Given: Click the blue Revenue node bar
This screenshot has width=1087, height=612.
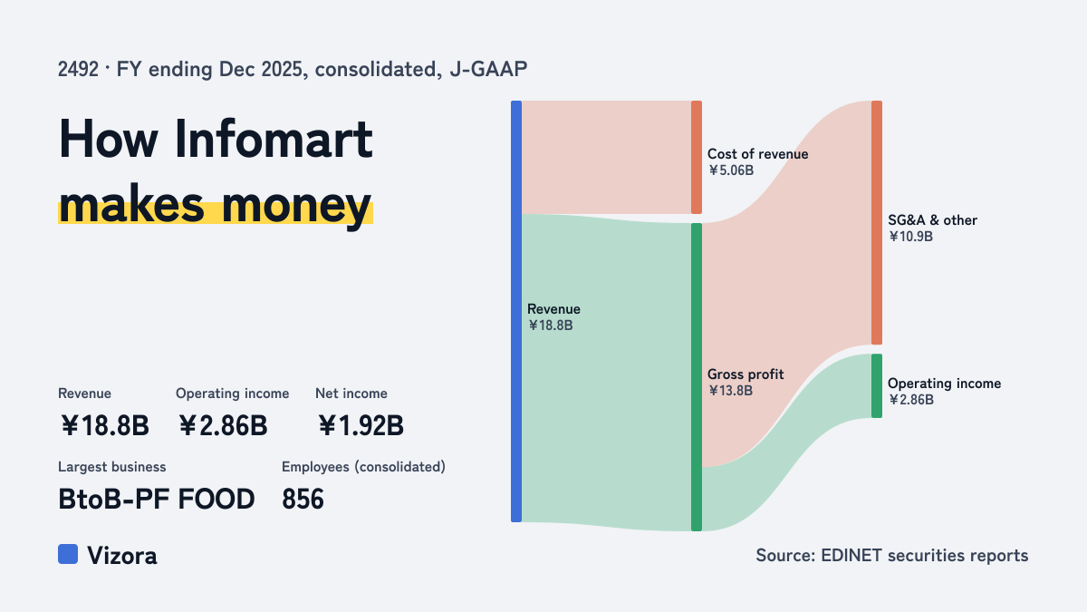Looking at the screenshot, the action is point(516,311).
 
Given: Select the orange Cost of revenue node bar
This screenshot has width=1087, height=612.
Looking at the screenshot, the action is point(697,158).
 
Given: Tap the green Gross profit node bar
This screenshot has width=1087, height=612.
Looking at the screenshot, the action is point(697,377).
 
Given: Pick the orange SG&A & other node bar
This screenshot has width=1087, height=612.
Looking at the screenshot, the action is point(877,222).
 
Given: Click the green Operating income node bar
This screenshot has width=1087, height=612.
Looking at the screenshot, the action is point(877,385).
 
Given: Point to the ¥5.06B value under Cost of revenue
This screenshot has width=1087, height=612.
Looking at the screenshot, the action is point(731,170).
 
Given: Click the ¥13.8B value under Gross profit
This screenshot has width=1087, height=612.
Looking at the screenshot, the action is point(730,391).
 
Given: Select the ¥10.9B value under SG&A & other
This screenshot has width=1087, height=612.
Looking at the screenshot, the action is point(910,237).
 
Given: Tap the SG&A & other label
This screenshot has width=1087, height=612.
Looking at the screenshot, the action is point(932,220).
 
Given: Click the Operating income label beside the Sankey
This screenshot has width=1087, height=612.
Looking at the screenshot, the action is point(944,384).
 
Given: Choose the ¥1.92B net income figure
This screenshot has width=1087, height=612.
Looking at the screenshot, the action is point(361,425).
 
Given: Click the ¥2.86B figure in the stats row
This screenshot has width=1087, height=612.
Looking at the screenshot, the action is point(223,425).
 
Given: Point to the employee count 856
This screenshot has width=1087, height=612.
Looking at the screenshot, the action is point(303,500).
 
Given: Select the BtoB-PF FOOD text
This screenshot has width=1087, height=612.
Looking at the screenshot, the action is point(156,500).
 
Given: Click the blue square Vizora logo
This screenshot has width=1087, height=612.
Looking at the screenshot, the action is point(68,554).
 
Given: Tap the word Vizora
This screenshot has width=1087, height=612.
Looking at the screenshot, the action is point(122,556).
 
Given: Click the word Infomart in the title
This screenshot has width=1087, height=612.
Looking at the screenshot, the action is point(274,139).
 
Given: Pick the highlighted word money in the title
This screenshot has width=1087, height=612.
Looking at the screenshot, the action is point(296,206).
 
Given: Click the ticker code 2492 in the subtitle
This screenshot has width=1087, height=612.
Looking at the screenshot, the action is point(78,70).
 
